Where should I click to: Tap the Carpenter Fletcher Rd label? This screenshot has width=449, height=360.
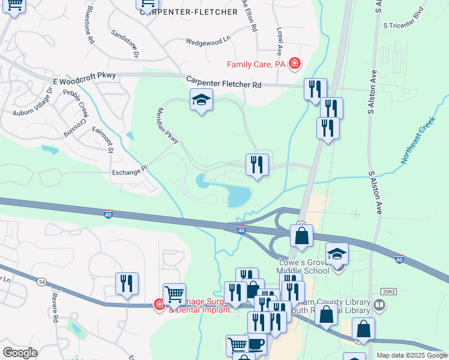[223, 82]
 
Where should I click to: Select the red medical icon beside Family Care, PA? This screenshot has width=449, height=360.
[294, 63]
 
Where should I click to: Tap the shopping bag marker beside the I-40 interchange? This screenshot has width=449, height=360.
[301, 235]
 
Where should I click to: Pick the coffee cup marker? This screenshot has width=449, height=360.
[256, 344]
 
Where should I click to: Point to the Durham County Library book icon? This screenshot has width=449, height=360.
[379, 305]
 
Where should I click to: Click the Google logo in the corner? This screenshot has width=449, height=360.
[20, 353]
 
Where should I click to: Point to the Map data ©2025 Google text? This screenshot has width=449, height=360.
[412, 355]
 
